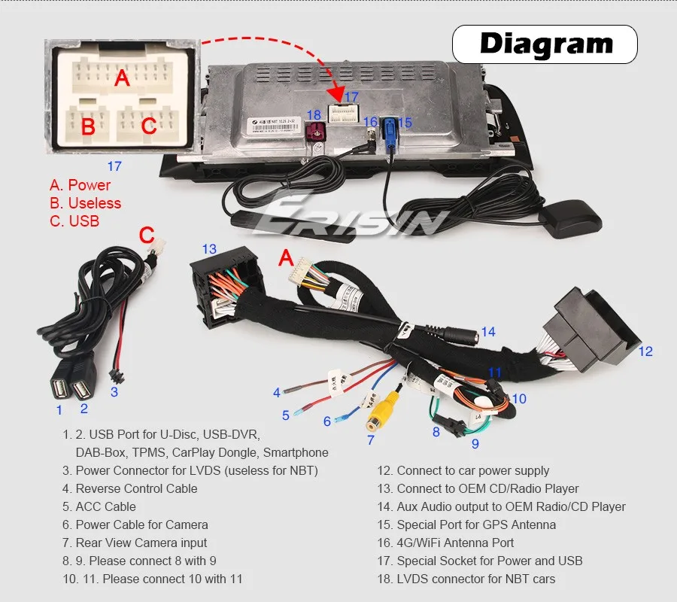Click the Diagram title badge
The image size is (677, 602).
pos(546,44)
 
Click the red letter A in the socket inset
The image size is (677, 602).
pos(122,78)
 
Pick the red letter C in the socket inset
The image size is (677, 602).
pos(149,126)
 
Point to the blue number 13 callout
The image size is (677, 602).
pos(208,249)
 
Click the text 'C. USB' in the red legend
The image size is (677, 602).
pos(74,221)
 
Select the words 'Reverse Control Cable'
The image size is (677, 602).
pos(136,488)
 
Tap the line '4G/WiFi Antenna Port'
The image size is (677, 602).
pos(455,543)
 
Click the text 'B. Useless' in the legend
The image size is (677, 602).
pos(85,203)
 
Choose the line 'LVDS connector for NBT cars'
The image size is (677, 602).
pos(476,579)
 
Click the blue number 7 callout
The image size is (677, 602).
pos(370,440)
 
